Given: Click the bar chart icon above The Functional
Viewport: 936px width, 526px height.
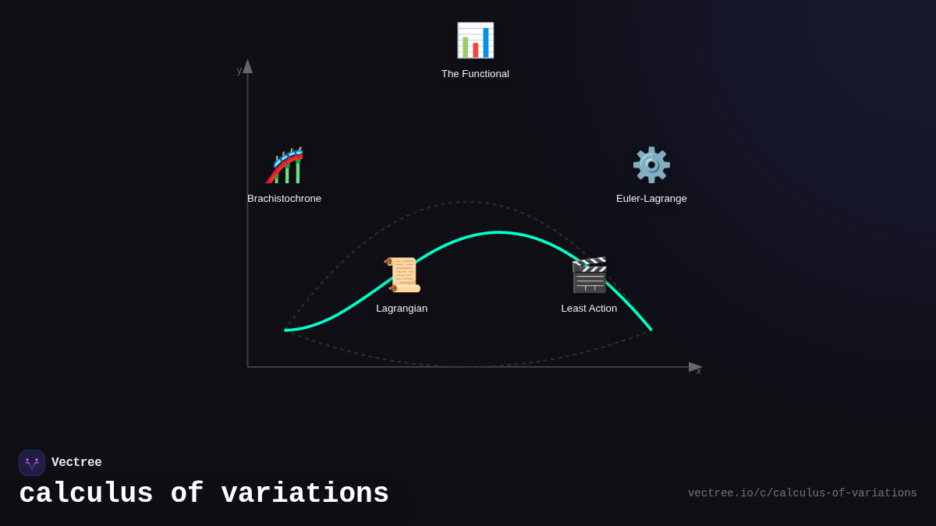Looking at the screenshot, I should (475, 41).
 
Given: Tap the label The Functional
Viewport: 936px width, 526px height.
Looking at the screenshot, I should (475, 74).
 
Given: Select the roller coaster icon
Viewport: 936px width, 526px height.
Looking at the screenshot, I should (285, 165).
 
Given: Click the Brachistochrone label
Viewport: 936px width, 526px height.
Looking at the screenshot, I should (284, 199).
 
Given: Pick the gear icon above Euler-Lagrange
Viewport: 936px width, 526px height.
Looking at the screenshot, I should (651, 165).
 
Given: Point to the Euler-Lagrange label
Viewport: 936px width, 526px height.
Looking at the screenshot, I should (651, 199).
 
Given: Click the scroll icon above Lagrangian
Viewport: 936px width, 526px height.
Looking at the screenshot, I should (402, 275).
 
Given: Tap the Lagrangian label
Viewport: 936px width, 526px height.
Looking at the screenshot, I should (402, 309).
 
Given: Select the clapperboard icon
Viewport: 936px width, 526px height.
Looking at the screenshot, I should (589, 275).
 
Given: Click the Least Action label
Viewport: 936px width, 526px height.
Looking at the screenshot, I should (589, 309).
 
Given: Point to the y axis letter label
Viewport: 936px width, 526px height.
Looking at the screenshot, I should (239, 70).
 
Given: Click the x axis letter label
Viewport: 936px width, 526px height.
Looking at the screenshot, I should (699, 371).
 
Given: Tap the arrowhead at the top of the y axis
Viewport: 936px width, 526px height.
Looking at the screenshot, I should (247, 66).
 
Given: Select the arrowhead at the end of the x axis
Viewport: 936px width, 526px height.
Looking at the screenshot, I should (695, 367).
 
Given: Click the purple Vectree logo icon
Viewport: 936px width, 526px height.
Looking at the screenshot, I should (32, 463).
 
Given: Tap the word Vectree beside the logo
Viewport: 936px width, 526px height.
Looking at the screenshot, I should (76, 463).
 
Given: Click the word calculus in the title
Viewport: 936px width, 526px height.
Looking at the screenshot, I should (86, 494).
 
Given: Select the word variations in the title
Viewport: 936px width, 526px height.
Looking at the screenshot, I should (305, 494).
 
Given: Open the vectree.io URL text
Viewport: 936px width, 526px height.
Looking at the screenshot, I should (802, 493).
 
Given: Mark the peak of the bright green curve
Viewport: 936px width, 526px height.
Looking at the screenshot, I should (498, 232).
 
